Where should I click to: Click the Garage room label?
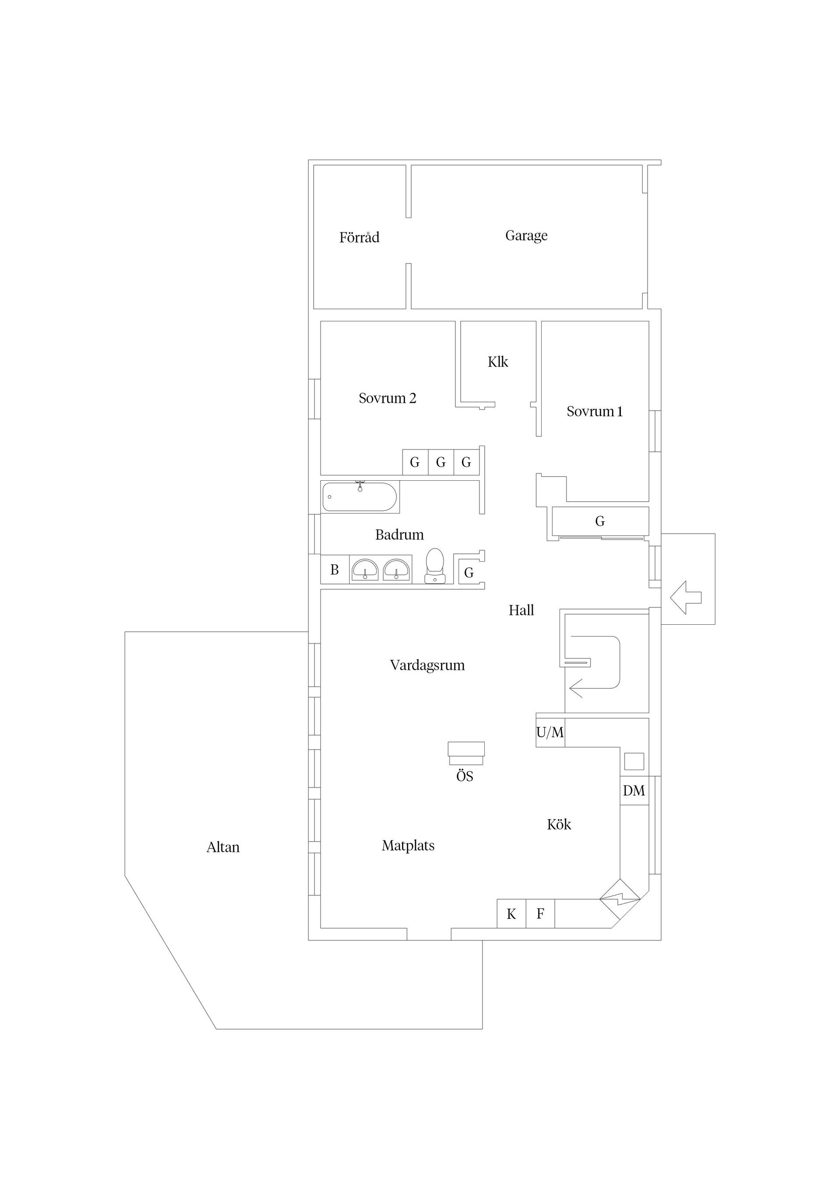pos(526,236)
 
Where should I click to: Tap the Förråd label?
pos(359,237)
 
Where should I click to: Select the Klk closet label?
pos(497,362)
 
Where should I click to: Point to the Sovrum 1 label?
pos(594,411)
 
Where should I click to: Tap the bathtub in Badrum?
pos(360,496)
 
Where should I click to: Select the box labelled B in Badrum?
pos(335,570)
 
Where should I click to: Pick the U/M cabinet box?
pos(549,732)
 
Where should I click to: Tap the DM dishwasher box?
pos(634,790)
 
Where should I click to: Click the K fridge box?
pos(511,914)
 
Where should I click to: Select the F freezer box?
pos(540,914)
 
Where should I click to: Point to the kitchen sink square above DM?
pos(634,761)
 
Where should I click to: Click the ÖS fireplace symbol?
pos(466,753)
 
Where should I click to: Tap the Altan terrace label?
pos(223,847)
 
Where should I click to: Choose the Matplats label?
pos(408,846)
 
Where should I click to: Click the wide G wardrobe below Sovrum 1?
pos(600,521)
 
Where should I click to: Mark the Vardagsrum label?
pos(427,665)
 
